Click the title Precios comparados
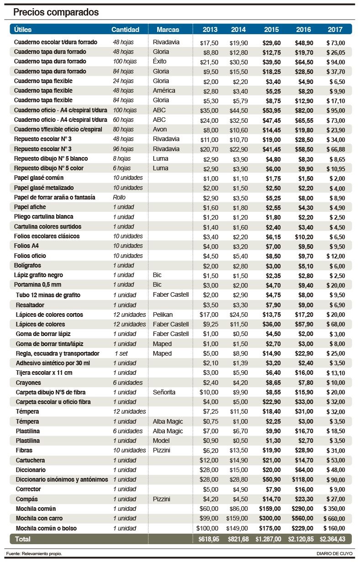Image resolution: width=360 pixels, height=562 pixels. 56,12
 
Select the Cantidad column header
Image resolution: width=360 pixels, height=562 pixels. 125,30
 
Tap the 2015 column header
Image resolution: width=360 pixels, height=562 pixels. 271,30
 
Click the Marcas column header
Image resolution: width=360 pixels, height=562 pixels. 168,30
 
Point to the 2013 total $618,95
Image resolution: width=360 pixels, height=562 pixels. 209,539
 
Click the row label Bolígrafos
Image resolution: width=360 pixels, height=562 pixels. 28,265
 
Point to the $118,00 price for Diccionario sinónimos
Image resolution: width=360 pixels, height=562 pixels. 302,480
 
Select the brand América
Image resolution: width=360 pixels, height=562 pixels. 164,91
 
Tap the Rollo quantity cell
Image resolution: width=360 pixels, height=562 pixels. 119,197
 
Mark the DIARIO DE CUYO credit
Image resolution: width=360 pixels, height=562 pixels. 334,554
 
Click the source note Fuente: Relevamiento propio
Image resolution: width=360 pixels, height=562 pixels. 34,554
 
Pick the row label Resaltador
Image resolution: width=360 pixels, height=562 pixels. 30,305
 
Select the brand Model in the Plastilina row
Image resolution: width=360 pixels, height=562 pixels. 161,441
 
